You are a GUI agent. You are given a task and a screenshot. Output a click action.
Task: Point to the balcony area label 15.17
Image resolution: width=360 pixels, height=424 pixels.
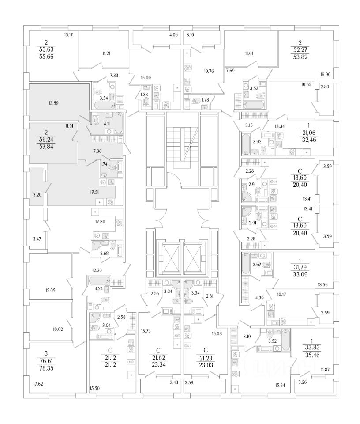coord(68,34)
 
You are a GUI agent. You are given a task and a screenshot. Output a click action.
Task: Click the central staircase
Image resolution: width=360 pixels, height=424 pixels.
coord(181,146)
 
